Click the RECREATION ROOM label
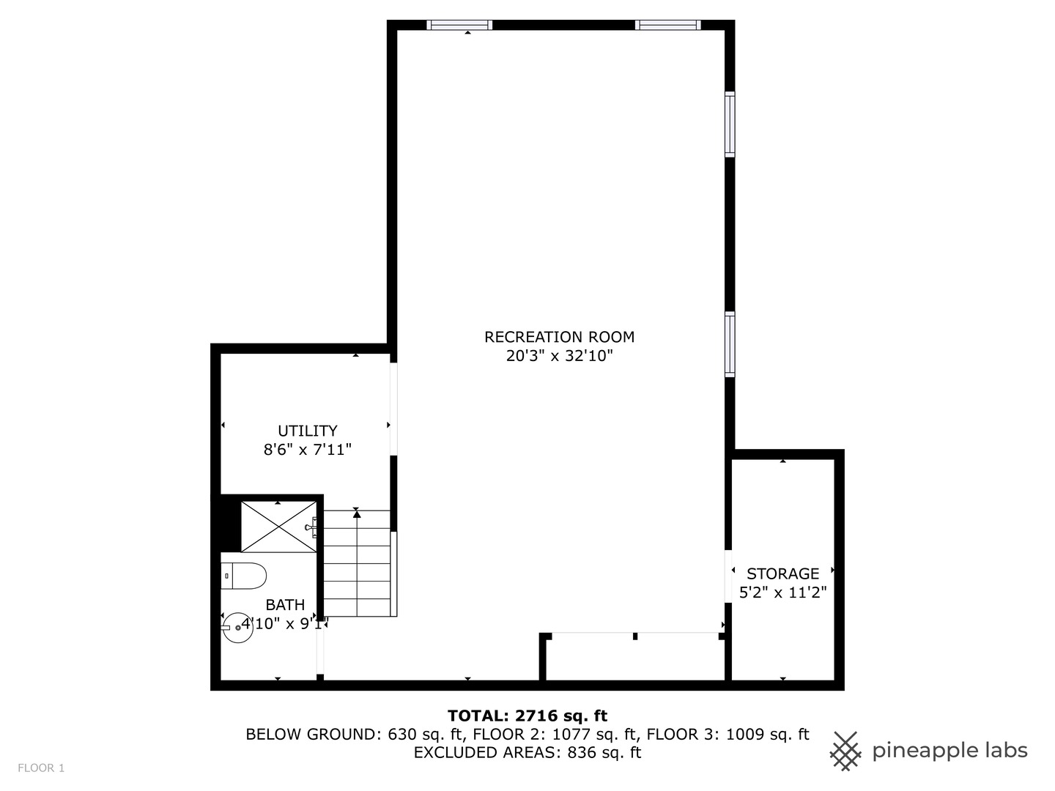pos(559,337)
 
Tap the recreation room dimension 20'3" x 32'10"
pos(560,356)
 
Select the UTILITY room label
pos(308,431)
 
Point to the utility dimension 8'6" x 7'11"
pos(308,450)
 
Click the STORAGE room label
pos(783,573)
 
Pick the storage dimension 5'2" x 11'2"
pos(783,593)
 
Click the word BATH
pos(286,605)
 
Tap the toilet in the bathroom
pos(244,576)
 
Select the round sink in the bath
pos(238,627)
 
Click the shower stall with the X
pos(279,527)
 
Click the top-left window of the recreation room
pos(459,25)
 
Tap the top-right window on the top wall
pos(667,25)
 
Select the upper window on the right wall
pos(730,125)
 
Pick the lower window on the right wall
pos(730,344)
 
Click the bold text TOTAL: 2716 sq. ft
pos(527,716)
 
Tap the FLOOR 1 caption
pos(41,768)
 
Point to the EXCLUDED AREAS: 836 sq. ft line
pos(527,752)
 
